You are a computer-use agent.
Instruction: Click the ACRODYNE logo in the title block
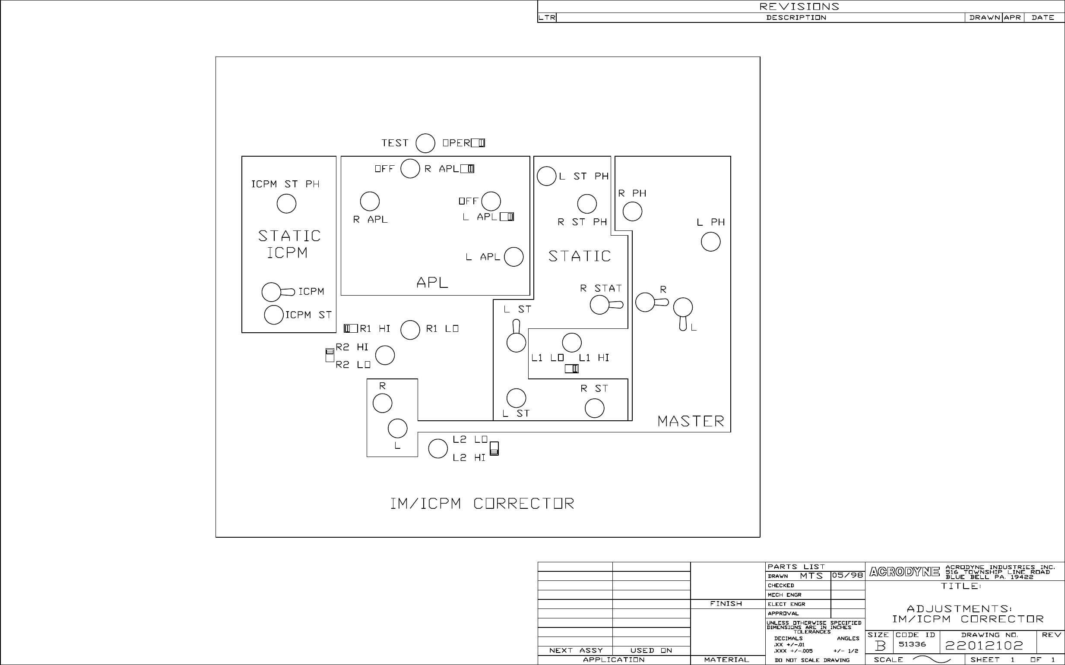(904, 572)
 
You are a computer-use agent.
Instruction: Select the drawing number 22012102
(985, 646)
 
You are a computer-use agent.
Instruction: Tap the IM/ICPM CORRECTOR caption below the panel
(482, 504)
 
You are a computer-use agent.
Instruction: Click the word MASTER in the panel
(691, 421)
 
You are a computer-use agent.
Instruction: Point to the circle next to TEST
(425, 143)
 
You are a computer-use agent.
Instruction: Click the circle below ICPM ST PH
(286, 204)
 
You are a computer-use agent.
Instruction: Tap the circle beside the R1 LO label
(410, 330)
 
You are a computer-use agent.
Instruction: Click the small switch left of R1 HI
(351, 328)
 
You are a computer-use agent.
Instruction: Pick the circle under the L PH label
(710, 242)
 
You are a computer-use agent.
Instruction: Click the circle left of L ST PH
(547, 176)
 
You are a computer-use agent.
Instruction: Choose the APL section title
(432, 282)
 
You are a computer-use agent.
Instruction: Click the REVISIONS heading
(799, 6)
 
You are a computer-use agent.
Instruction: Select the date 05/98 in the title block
(847, 576)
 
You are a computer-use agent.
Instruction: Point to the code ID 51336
(912, 644)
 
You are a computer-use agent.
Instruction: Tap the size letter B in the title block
(880, 646)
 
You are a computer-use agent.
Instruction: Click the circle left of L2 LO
(438, 449)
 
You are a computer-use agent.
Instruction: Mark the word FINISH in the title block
(726, 604)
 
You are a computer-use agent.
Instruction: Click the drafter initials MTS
(811, 576)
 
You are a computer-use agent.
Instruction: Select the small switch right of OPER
(478, 143)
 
